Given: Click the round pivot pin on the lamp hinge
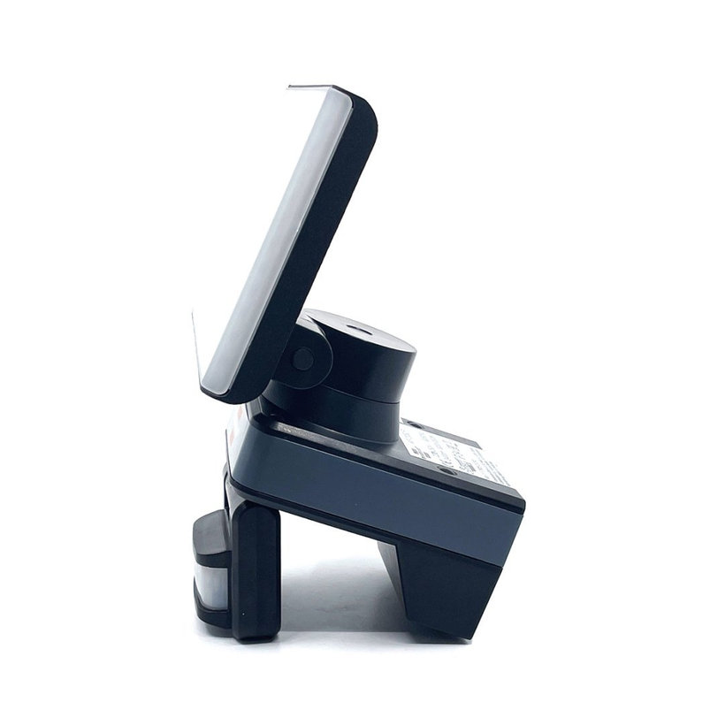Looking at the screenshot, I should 303,358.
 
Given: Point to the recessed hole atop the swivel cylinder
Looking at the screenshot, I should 358,330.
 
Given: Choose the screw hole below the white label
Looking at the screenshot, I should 448,472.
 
